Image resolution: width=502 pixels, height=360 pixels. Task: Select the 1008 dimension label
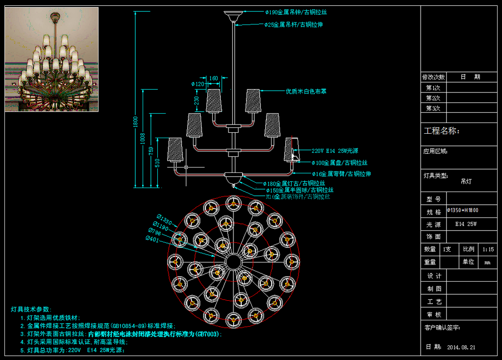point(143,139)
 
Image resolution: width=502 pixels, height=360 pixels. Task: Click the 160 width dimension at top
point(214,78)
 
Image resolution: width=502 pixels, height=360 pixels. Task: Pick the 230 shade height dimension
point(197,102)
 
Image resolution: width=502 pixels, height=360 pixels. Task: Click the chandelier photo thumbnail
point(51,59)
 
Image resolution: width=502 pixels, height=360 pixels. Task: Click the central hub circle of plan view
point(233,260)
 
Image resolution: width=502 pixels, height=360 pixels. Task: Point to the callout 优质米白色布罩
point(306,91)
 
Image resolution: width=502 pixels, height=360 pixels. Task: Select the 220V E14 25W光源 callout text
point(336,151)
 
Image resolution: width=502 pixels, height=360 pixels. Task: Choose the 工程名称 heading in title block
point(441,131)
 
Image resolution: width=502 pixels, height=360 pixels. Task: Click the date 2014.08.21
point(461,347)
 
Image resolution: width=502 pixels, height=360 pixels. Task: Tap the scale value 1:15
point(488,249)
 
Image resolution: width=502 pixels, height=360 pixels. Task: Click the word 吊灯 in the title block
point(466,181)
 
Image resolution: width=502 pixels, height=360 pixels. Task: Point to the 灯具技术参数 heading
point(30,309)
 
